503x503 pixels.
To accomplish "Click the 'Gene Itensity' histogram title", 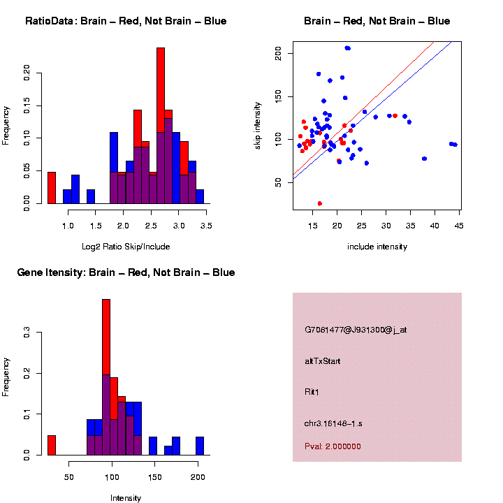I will coord(126,272).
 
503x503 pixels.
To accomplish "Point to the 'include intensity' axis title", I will coord(377,247).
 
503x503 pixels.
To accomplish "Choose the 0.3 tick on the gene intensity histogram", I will coord(27,334).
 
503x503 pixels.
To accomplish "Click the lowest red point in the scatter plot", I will coord(319,203).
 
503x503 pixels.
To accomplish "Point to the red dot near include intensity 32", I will coord(395,116).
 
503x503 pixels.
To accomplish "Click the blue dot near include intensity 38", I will coord(424,159).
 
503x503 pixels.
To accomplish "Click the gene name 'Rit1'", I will coord(312,392).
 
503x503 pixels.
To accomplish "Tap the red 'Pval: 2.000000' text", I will coord(333,446).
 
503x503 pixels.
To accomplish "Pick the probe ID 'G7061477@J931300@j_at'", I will coord(356,330).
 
